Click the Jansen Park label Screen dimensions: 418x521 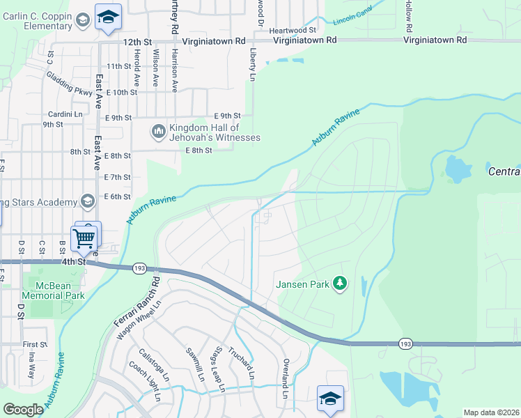point(303,284)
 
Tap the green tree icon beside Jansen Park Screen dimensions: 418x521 point(340,283)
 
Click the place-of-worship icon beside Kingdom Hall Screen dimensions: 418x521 point(158,130)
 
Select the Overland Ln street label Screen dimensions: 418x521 point(286,378)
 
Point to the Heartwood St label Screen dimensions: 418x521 point(293,30)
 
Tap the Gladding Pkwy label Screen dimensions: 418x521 point(70,83)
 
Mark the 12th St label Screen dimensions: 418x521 point(137,42)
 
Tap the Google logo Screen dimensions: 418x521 point(23,410)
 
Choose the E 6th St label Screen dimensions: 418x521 point(117,197)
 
